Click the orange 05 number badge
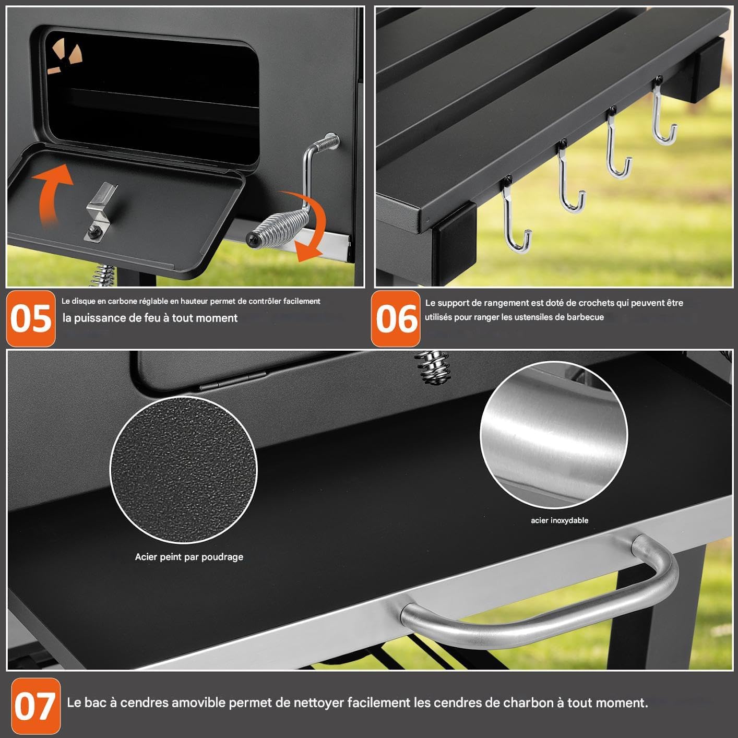pos(31,318)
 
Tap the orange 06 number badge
pos(396,318)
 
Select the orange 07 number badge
pos(35,706)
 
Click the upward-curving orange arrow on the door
pos(52,192)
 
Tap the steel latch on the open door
pos(100,212)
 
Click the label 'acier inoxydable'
pos(559,520)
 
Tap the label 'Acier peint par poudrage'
pos(189,557)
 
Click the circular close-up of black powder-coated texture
pos(183,470)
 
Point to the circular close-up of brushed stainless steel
pos(554,435)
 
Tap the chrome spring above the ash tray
pos(433,367)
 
